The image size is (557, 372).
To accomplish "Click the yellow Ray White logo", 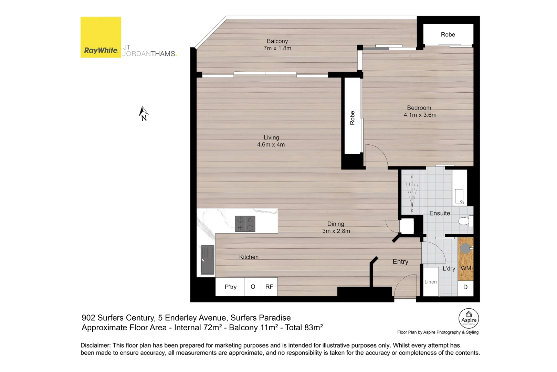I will click(x=101, y=37).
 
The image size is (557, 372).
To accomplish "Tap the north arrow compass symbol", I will click(x=143, y=113).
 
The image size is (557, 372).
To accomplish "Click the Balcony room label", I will click(x=277, y=41).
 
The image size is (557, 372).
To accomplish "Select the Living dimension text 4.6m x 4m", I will click(x=271, y=145).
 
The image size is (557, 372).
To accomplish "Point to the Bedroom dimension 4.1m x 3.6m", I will click(x=420, y=115).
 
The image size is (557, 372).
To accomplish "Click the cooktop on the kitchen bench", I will click(x=245, y=224).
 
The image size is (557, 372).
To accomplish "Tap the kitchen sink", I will click(x=207, y=260).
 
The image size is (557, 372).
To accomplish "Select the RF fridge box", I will click(x=269, y=287).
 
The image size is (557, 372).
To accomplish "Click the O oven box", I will click(x=253, y=287).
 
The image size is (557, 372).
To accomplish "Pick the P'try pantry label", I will click(x=230, y=287).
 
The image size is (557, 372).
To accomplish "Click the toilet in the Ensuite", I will click(x=465, y=221).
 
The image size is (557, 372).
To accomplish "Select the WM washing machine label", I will click(x=466, y=268).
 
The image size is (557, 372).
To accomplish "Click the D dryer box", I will click(x=465, y=287).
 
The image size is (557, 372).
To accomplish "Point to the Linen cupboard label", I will click(x=430, y=282).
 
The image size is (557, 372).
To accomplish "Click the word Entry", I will click(x=400, y=262).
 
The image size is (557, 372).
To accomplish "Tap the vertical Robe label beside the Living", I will click(x=352, y=118).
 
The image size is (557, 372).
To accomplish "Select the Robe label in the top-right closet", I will click(x=448, y=34).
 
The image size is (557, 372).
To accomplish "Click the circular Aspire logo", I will click(x=469, y=318).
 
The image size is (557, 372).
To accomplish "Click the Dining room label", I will click(x=336, y=224).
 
